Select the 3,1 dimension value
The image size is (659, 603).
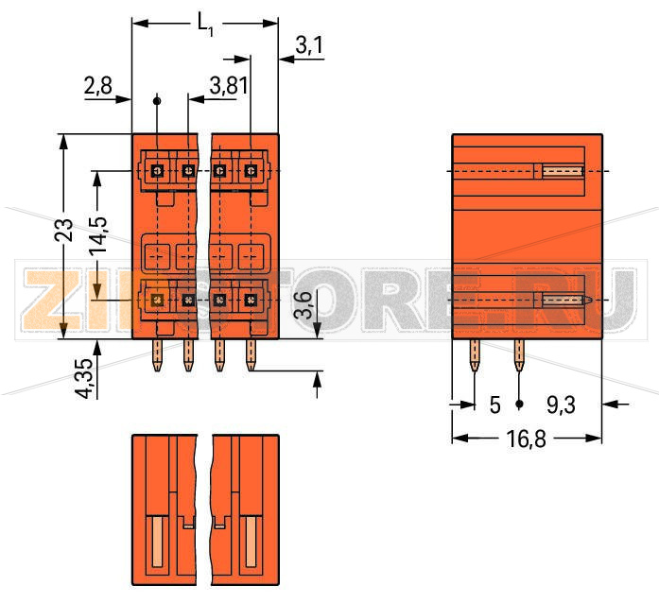click(309, 44)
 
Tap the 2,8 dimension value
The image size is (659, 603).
click(97, 87)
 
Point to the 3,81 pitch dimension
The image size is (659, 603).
click(228, 87)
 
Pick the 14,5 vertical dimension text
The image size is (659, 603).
click(98, 236)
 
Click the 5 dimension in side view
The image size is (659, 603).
click(494, 405)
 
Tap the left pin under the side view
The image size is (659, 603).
click(475, 354)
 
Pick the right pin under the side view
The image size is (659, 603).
click(518, 354)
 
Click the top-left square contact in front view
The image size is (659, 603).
click(158, 171)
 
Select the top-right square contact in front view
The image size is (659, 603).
click(251, 171)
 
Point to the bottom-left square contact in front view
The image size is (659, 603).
click(158, 300)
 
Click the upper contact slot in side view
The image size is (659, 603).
click(564, 171)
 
